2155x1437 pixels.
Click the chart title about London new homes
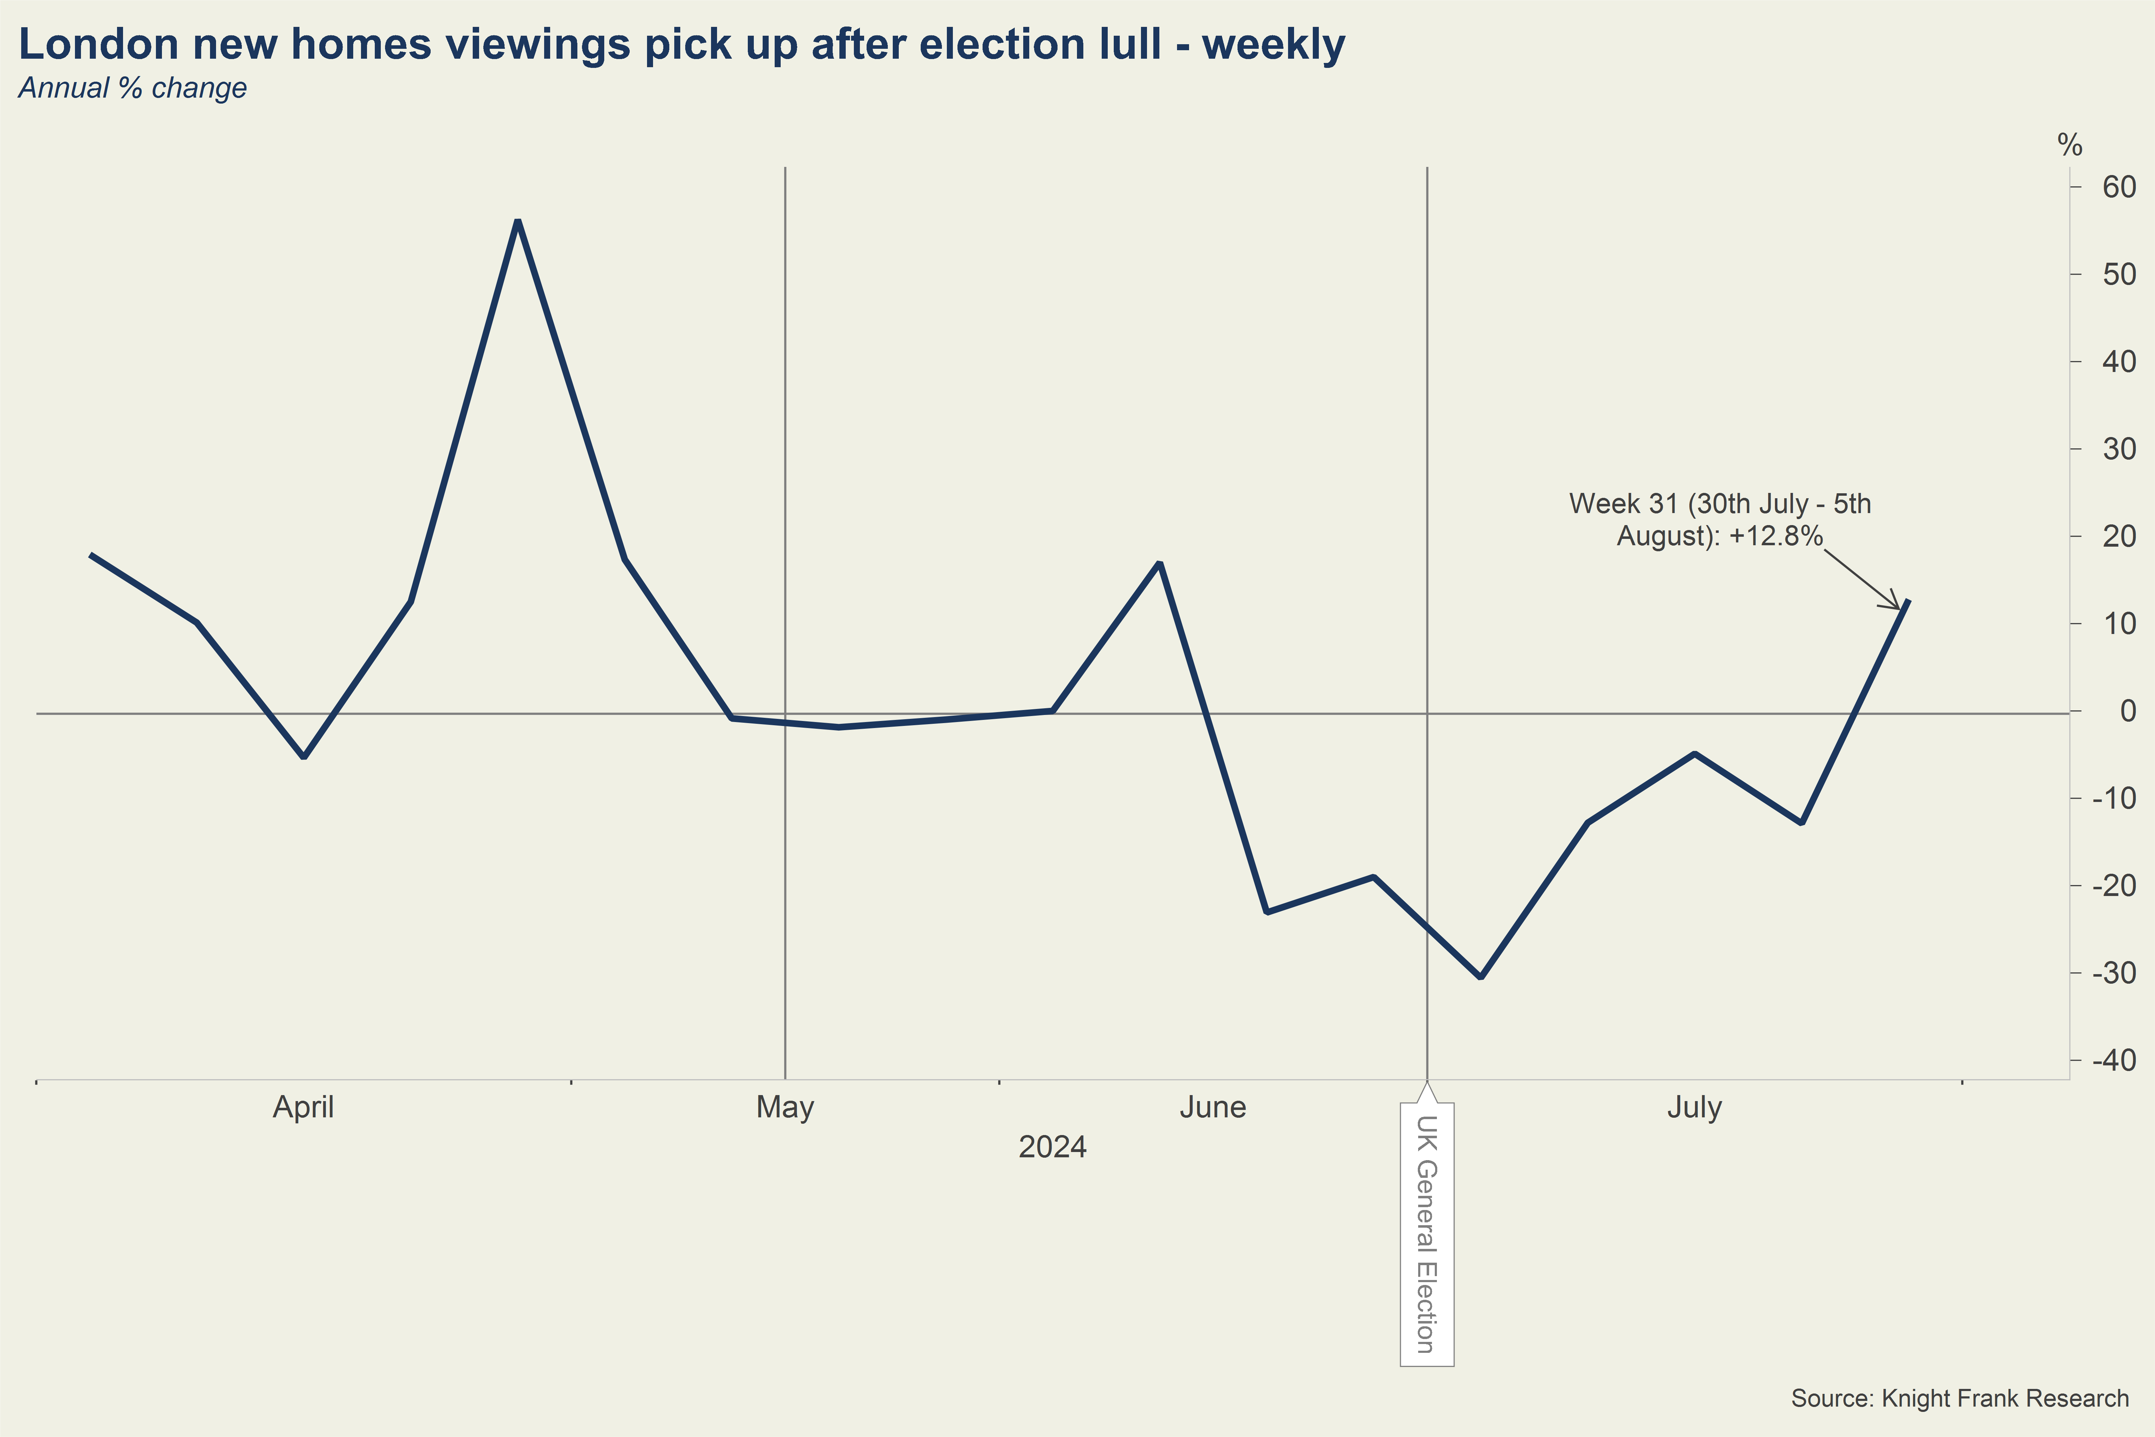(x=682, y=44)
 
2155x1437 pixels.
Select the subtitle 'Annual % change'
(x=133, y=88)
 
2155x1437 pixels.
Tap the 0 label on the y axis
(x=2127, y=711)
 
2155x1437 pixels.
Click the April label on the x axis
(x=303, y=1107)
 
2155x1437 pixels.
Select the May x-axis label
(x=785, y=1107)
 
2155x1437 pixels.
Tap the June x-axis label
(x=1212, y=1107)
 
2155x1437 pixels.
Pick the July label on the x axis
(x=1694, y=1107)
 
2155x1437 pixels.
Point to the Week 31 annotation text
(x=1720, y=520)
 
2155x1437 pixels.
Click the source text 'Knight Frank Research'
(x=1960, y=1398)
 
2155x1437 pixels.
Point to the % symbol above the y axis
(x=2070, y=145)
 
